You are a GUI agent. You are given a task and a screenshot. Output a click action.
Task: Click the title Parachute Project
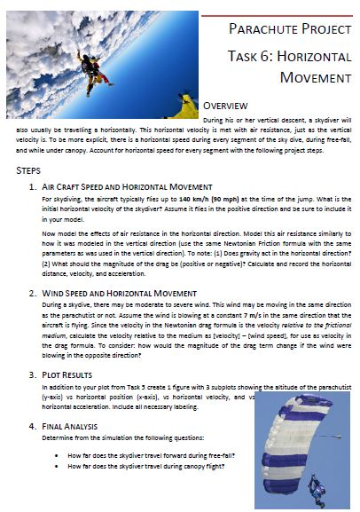click(288, 29)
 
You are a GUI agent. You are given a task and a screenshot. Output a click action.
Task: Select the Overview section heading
click(233, 106)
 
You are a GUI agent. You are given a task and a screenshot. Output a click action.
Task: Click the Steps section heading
click(29, 169)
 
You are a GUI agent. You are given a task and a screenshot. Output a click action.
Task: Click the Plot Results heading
click(71, 374)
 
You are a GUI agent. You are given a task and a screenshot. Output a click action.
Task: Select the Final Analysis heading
click(76, 426)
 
